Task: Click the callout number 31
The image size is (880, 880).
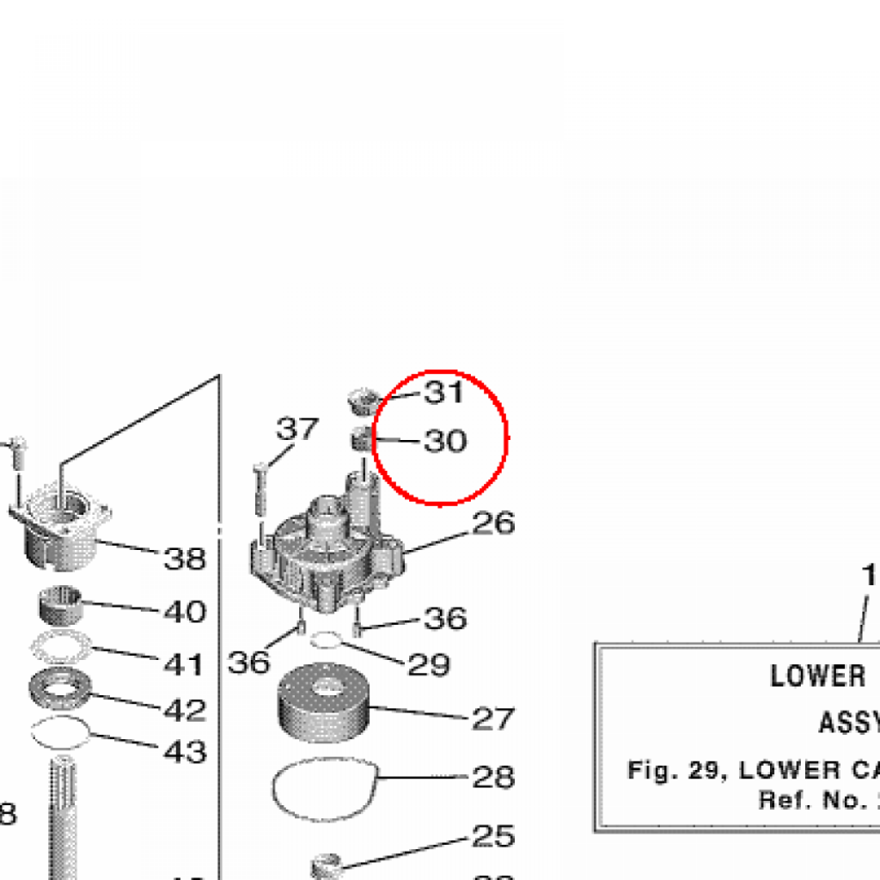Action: (x=443, y=393)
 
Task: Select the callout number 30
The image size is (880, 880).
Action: (x=445, y=442)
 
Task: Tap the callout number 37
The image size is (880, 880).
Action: (x=297, y=429)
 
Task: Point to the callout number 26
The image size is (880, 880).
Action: (x=493, y=523)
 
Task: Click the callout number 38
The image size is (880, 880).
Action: (x=185, y=559)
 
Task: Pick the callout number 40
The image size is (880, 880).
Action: (x=185, y=612)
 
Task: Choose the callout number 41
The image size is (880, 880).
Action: (x=185, y=664)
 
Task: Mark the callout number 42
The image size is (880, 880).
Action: (x=185, y=710)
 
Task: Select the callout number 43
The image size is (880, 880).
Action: (x=185, y=753)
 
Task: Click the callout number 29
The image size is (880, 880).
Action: (x=428, y=664)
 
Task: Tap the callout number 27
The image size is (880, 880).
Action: (x=493, y=718)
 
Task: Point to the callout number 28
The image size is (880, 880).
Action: (x=493, y=778)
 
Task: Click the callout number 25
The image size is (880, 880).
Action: (x=493, y=836)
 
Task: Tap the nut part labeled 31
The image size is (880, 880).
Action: (x=364, y=398)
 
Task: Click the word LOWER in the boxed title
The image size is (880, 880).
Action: (x=818, y=676)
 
